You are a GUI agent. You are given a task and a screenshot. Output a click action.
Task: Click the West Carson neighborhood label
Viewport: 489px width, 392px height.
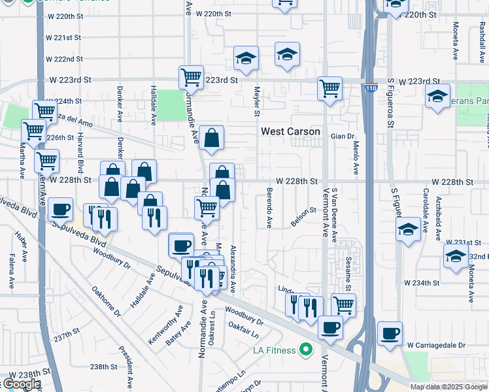pyautogui.click(x=290, y=131)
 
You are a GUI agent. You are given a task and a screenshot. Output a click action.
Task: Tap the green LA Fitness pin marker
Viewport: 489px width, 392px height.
pyautogui.click(x=305, y=350)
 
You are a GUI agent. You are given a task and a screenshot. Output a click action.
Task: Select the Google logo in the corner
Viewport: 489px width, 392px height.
pyautogui.click(x=21, y=384)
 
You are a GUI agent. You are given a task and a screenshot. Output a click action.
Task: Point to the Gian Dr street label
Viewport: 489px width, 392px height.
pyautogui.click(x=342, y=136)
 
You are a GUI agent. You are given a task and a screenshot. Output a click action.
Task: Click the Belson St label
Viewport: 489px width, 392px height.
pyautogui.click(x=303, y=216)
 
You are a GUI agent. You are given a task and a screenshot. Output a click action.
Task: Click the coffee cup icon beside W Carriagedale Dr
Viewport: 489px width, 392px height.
pyautogui.click(x=390, y=333)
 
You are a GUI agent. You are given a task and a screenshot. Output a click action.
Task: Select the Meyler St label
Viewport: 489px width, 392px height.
pyautogui.click(x=257, y=99)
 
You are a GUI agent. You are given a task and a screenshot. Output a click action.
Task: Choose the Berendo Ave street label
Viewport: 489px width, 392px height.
pyautogui.click(x=269, y=208)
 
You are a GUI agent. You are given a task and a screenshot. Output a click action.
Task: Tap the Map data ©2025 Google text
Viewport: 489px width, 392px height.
pyautogui.click(x=448, y=387)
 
